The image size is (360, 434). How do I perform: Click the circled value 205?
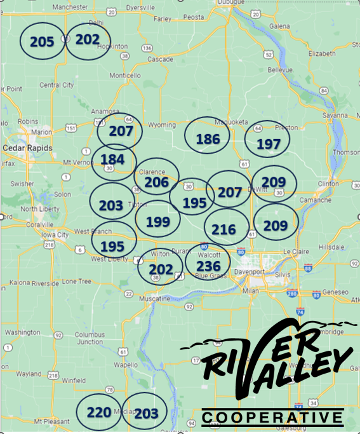pyautogui.click(x=42, y=42)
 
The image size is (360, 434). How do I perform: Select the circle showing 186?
pyautogui.click(x=208, y=139)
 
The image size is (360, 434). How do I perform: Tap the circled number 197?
pyautogui.click(x=268, y=144)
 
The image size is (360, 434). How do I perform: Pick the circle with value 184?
pyautogui.click(x=114, y=159)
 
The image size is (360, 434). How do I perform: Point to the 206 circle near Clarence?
pyautogui.click(x=156, y=182)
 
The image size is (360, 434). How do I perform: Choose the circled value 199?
pyautogui.click(x=157, y=222)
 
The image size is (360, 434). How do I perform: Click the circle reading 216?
pyautogui.click(x=223, y=229)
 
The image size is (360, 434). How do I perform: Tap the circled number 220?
pyautogui.click(x=98, y=412)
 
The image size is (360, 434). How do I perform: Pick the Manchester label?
pyautogui.click(x=70, y=7)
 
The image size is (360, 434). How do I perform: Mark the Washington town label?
pyautogui.click(x=22, y=332)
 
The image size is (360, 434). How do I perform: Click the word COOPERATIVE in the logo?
pyautogui.click(x=273, y=417)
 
